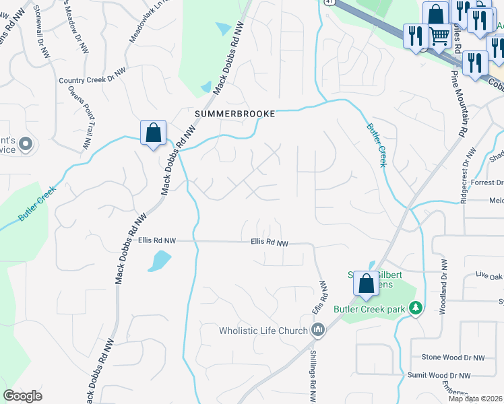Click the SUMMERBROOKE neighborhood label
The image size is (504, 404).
[234, 114]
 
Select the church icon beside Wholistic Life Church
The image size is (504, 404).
[319, 330]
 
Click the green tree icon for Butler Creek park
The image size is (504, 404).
[416, 308]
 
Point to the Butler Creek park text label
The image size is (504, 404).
[371, 309]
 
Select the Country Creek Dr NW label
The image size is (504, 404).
[92, 80]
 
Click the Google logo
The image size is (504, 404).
[23, 396]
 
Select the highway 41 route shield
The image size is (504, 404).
[326, 3]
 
